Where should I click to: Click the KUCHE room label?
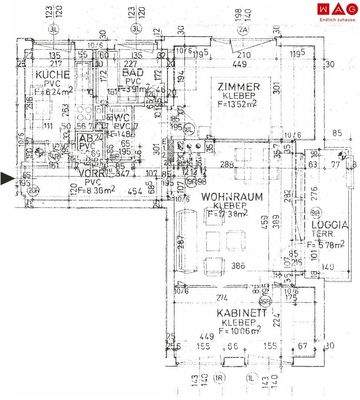[x=53, y=76]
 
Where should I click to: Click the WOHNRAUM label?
[x=231, y=197]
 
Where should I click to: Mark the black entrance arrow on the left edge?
[x=9, y=179]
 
